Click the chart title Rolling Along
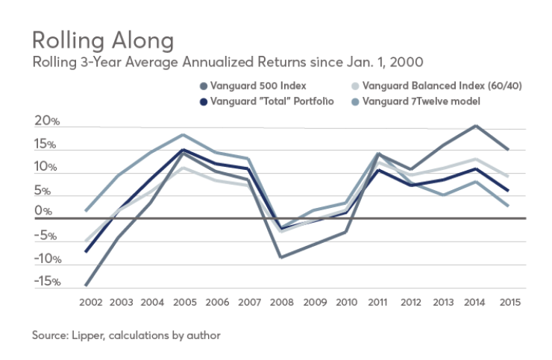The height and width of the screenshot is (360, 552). [x=103, y=39]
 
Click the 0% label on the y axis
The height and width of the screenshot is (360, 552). [x=43, y=212]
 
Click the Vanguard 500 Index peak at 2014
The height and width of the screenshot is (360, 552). [x=475, y=126]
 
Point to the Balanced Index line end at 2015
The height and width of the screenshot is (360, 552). [x=508, y=177]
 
